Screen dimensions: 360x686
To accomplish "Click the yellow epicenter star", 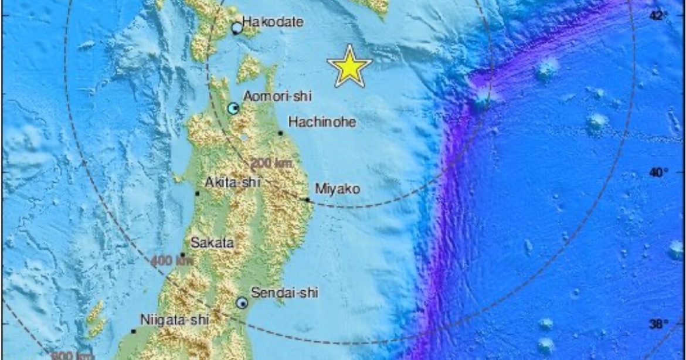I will click(349, 67).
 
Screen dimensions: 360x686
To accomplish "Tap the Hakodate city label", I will click(273, 23).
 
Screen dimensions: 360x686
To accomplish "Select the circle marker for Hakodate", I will click(237, 28).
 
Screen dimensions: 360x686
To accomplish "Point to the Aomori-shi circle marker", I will click(233, 108).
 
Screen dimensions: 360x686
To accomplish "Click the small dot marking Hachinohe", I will click(280, 134).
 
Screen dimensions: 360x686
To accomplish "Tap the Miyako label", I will click(338, 189).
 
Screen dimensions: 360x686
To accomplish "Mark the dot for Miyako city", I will click(308, 200).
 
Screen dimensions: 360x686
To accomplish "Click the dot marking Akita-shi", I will click(198, 193).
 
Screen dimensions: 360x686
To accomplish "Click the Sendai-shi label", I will click(284, 293).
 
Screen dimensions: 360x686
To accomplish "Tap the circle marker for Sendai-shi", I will click(242, 303).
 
